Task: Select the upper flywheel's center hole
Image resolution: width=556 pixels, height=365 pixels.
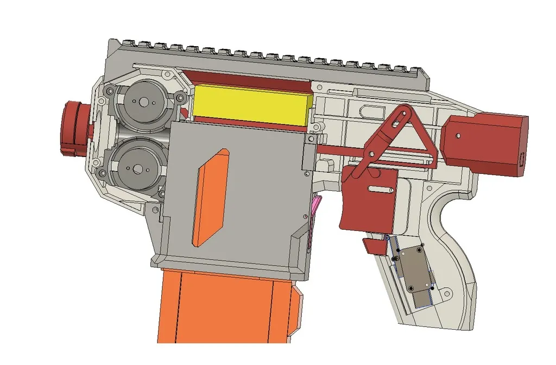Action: click(x=144, y=102)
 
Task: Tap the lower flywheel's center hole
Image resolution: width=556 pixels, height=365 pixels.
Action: click(x=137, y=169)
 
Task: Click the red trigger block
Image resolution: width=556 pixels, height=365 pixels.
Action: click(x=369, y=198)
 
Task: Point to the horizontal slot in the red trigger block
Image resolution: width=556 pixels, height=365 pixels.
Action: click(x=380, y=190)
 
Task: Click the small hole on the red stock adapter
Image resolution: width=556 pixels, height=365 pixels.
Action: click(x=459, y=136)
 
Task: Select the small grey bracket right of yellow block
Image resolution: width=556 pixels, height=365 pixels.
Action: click(x=309, y=149)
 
